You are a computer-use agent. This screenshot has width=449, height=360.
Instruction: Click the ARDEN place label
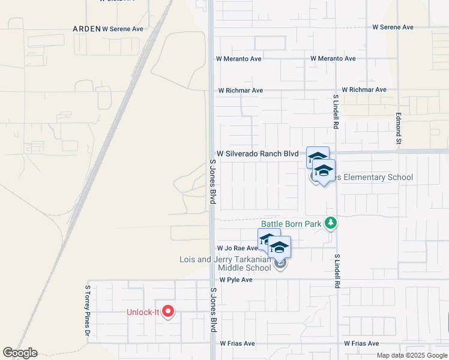pyautogui.click(x=86, y=28)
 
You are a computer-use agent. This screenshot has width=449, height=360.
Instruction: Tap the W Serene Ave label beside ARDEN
pyautogui.click(x=123, y=28)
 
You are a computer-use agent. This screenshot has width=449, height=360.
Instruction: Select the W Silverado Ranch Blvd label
pyautogui.click(x=258, y=154)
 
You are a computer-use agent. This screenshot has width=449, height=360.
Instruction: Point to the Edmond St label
pyautogui.click(x=398, y=129)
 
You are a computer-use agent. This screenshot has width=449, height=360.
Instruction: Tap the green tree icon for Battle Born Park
pyautogui.click(x=330, y=223)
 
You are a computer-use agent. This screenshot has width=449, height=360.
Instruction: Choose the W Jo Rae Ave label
pyautogui.click(x=237, y=248)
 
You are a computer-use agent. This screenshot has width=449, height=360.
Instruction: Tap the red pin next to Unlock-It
pyautogui.click(x=168, y=312)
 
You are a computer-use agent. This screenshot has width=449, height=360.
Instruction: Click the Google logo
pyautogui.click(x=20, y=353)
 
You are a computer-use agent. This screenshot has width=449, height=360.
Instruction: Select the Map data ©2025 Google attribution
pyautogui.click(x=412, y=355)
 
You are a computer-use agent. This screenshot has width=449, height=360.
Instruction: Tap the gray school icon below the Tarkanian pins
pyautogui.click(x=279, y=263)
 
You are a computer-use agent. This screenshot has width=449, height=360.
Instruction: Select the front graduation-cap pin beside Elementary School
pyautogui.click(x=324, y=172)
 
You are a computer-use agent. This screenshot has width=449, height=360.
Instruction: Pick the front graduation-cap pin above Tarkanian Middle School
pyautogui.click(x=279, y=247)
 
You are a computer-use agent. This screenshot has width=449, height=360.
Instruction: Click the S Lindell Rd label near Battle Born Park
pyautogui.click(x=337, y=271)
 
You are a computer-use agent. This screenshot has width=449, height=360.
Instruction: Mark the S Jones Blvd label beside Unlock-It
pyautogui.click(x=213, y=310)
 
